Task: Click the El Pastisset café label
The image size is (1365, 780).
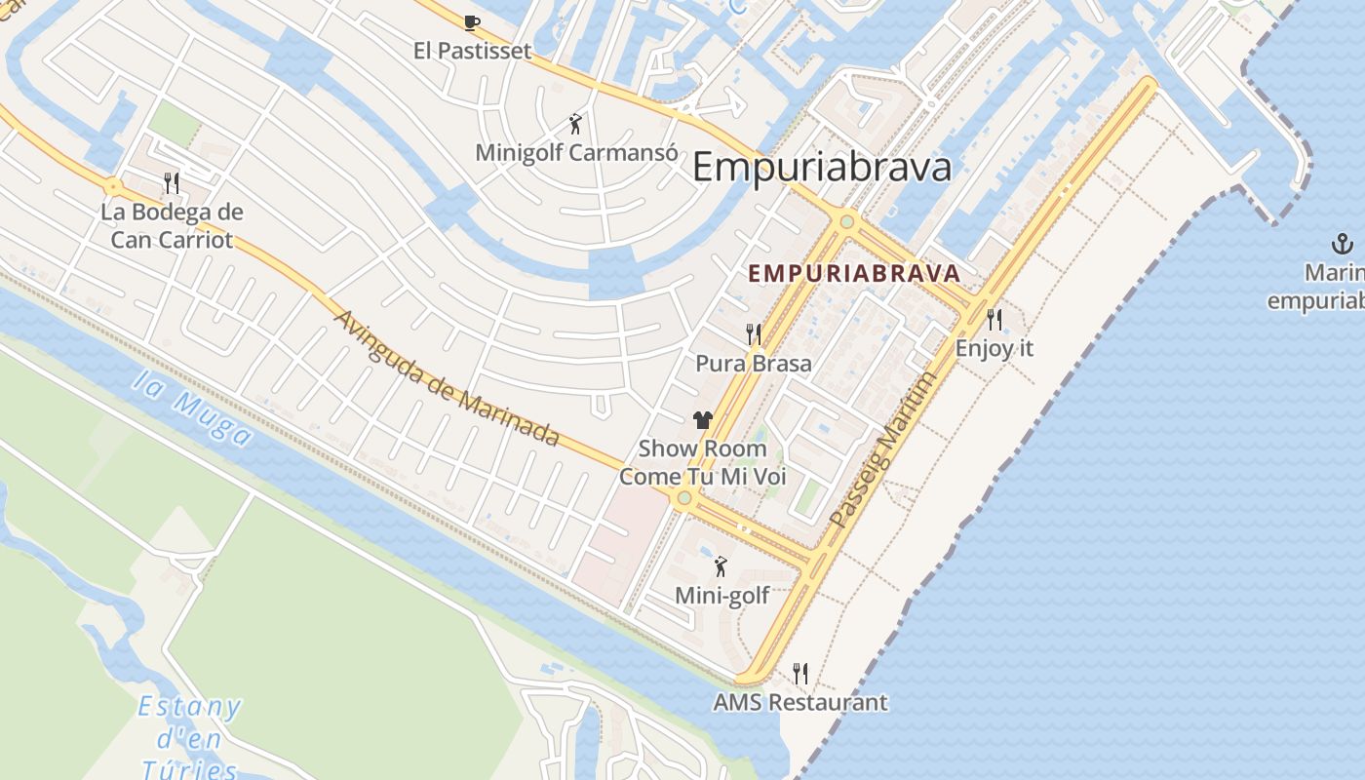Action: click(472, 51)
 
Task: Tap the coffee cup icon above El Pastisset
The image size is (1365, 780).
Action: click(472, 22)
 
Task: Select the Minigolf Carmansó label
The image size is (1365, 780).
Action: click(576, 153)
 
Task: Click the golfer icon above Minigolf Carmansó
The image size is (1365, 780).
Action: click(576, 124)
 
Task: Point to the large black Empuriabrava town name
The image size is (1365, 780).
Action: click(821, 168)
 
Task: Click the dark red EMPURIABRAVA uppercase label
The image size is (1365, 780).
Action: click(854, 274)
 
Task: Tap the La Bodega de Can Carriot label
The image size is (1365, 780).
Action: click(172, 225)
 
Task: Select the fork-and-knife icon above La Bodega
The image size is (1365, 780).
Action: click(172, 182)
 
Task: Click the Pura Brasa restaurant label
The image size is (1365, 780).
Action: click(753, 364)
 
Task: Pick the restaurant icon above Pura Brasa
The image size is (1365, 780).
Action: click(753, 334)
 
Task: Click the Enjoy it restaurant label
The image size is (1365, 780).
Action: click(994, 348)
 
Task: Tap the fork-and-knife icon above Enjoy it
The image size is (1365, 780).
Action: click(994, 319)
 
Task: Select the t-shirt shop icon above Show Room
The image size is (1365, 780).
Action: click(702, 420)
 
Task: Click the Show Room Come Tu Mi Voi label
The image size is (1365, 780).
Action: click(702, 463)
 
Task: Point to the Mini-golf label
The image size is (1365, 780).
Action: click(721, 595)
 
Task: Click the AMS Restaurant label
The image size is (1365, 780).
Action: click(799, 702)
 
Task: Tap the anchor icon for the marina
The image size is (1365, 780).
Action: click(1343, 243)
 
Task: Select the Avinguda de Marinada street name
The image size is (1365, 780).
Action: click(447, 378)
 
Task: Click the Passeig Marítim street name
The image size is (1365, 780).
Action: click(882, 450)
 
